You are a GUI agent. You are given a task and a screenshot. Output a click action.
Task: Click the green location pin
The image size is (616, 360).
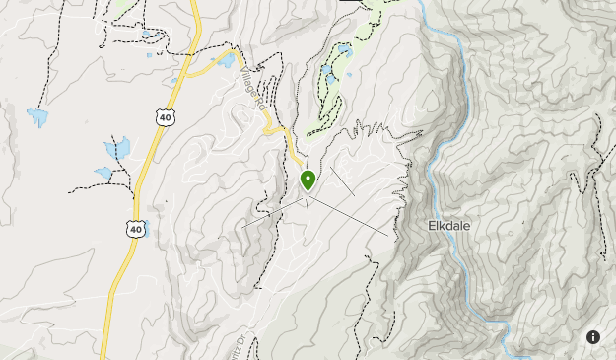(x=308, y=180)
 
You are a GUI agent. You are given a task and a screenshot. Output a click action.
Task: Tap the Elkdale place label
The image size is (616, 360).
(x=449, y=225)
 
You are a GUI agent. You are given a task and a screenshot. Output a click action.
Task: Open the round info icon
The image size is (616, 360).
(x=593, y=337)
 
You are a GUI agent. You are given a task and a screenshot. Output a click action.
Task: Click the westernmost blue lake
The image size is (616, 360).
(x=37, y=118)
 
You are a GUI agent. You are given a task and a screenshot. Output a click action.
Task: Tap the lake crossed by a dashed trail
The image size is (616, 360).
(x=117, y=148)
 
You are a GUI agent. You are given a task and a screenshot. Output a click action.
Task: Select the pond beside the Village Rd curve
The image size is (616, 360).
(x=226, y=60)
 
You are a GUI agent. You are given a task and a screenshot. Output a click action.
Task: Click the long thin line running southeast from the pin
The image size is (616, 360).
(x=355, y=216)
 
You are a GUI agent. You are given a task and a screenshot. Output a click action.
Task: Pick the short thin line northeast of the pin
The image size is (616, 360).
(x=341, y=180)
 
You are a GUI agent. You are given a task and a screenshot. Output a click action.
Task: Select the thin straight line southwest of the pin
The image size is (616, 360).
(x=271, y=213)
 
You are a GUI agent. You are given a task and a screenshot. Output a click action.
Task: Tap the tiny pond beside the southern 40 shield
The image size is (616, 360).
(x=145, y=233)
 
